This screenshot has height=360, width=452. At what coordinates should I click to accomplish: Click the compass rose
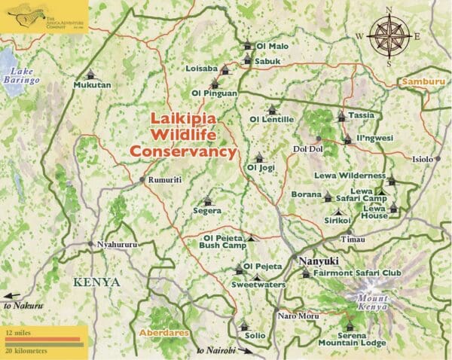(388, 35)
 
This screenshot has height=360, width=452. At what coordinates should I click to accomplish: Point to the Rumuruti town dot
(142, 180)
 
